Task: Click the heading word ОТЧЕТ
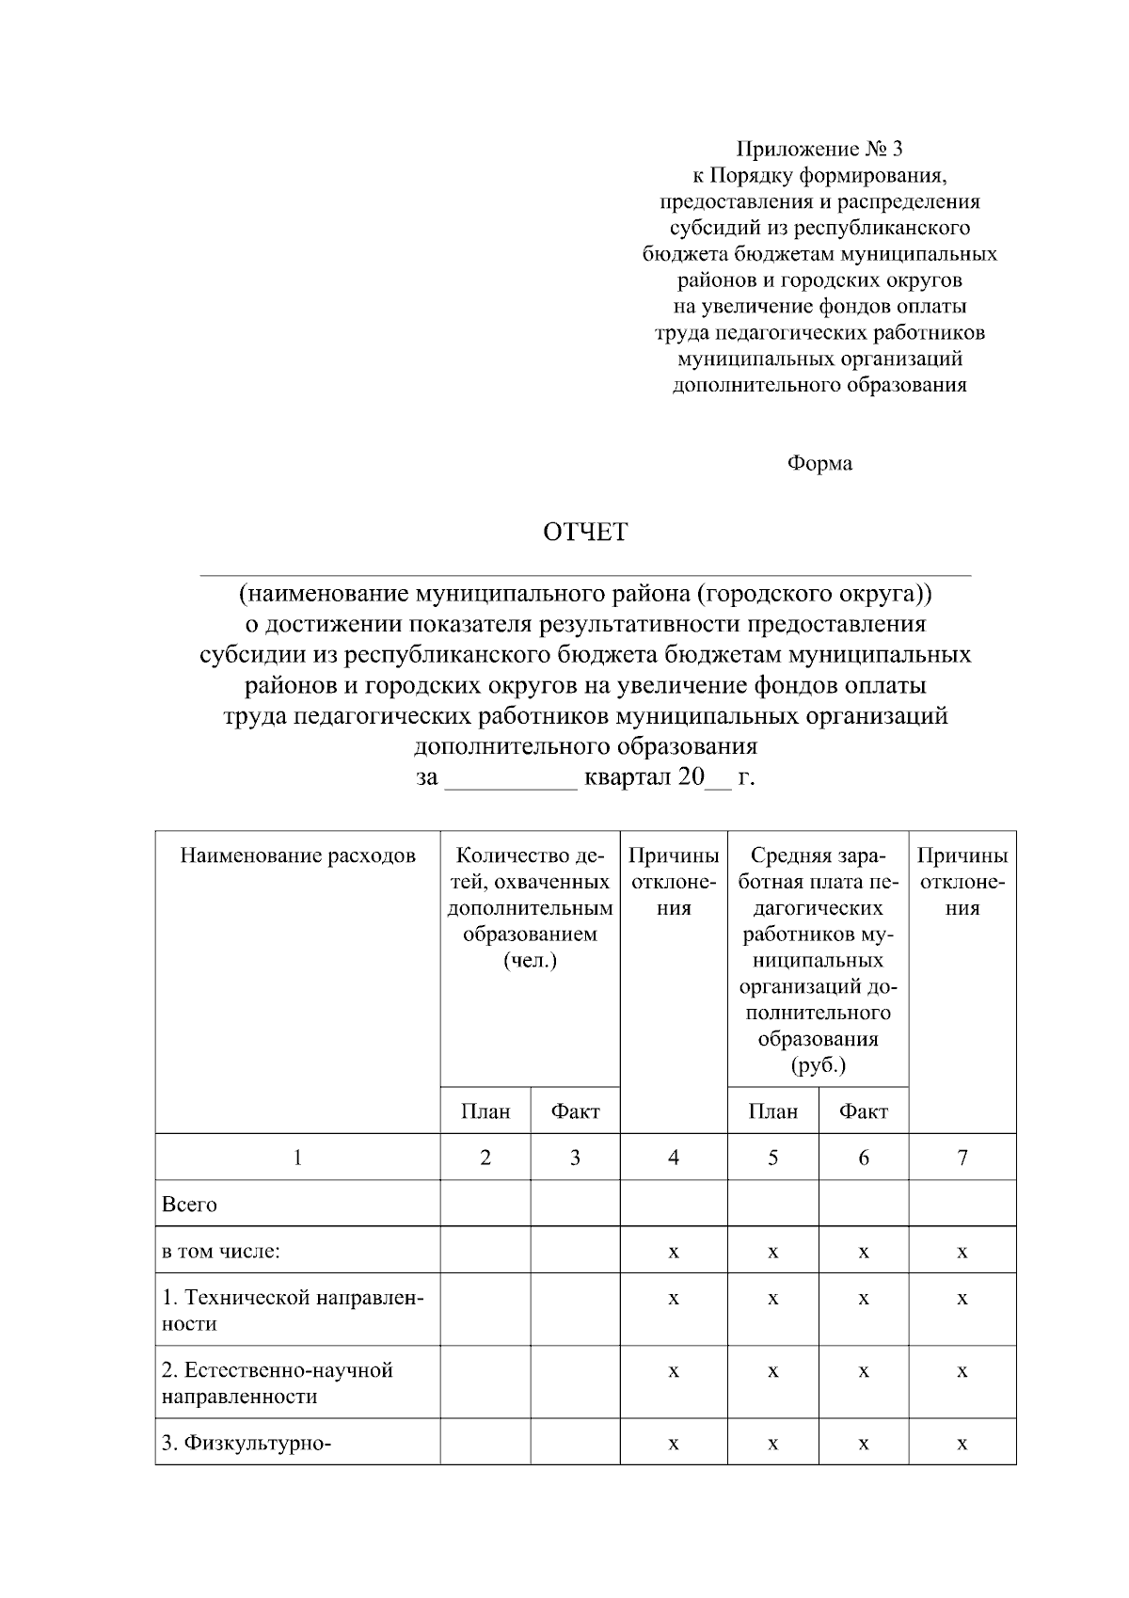pos(584,533)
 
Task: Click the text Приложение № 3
pos(819,149)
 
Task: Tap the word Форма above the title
pos(819,463)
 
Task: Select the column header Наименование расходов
pos(297,855)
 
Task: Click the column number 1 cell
pos(297,1158)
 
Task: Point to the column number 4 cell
pos(674,1158)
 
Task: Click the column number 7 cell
pos(962,1158)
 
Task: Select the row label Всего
pos(190,1205)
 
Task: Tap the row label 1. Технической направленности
pos(292,1311)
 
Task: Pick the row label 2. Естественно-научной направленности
pos(278,1383)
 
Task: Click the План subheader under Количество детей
pos(485,1111)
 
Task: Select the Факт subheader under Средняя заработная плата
pos(864,1111)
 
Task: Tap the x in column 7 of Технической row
pos(962,1299)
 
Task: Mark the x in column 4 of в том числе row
pos(674,1253)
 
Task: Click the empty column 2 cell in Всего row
pos(485,1204)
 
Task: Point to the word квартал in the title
pos(627,778)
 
